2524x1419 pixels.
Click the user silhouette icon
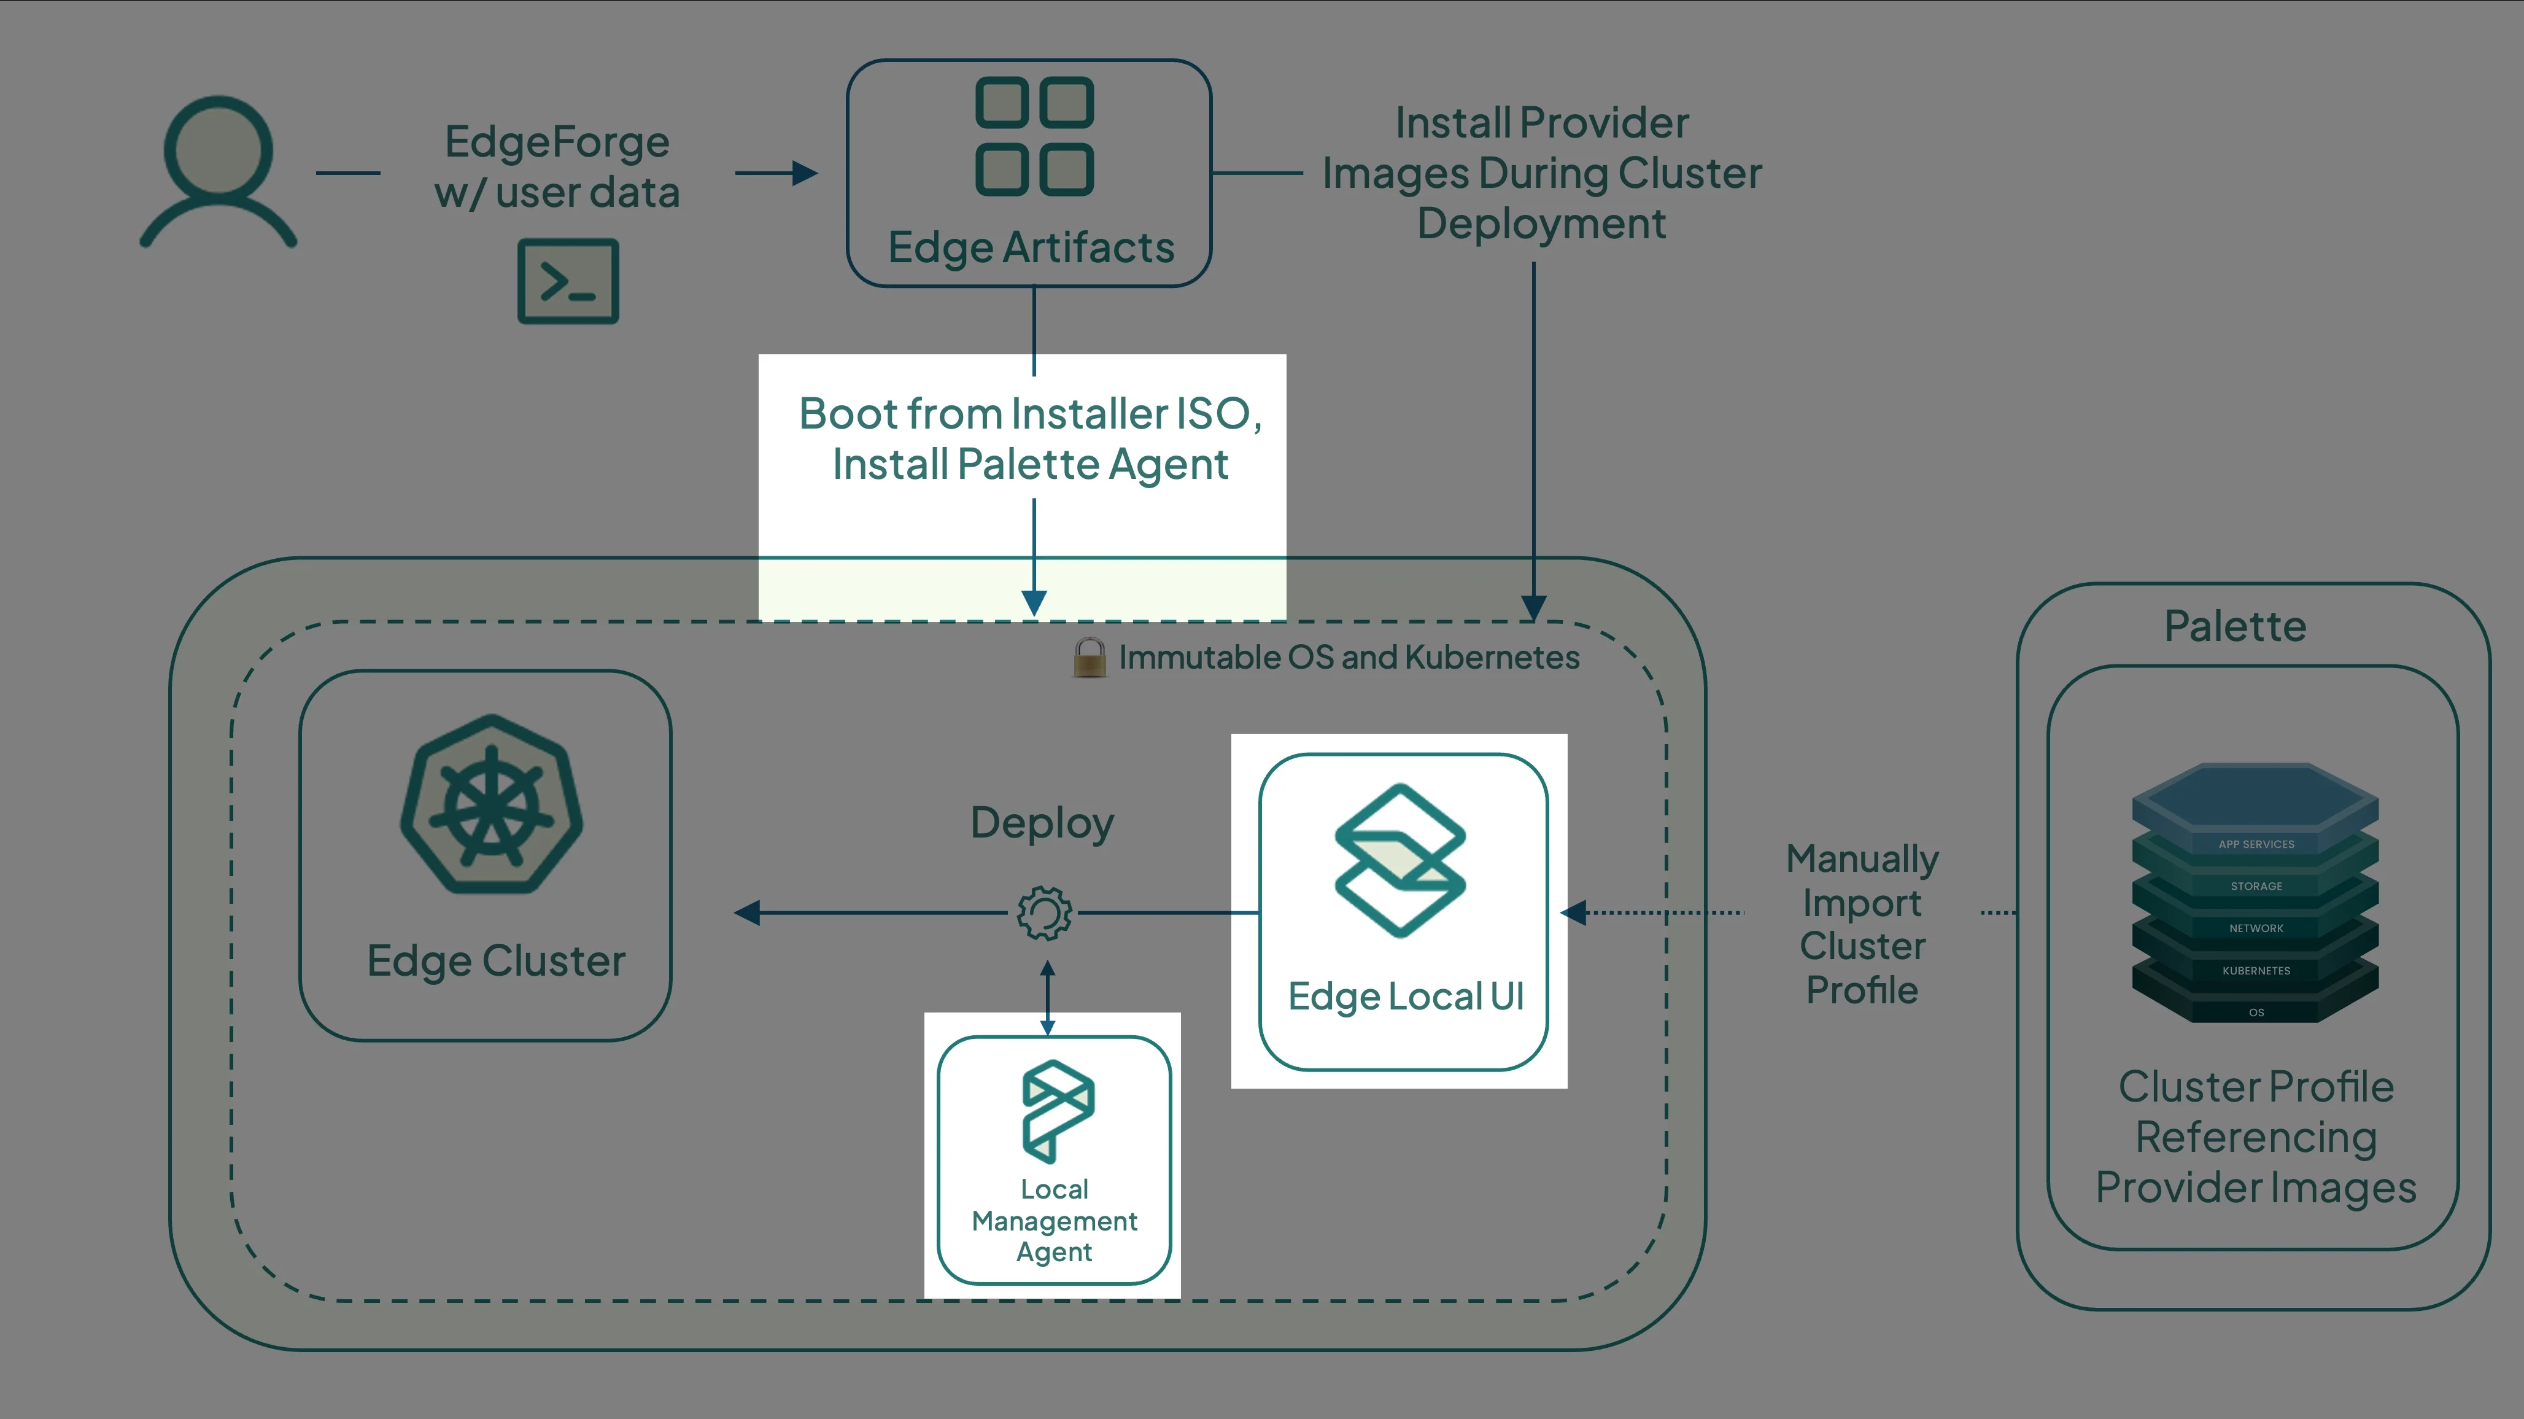coord(217,171)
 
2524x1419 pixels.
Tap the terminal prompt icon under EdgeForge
coord(568,281)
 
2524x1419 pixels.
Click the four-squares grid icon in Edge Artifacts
coord(1034,136)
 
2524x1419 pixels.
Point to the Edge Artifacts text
coord(1031,247)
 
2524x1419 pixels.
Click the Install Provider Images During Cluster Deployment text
coord(1541,173)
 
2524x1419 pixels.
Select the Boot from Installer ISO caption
coord(1030,438)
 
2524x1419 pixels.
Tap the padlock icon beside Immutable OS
coord(1088,658)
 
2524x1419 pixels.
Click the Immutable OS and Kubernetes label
coord(1348,658)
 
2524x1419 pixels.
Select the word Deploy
coord(1042,823)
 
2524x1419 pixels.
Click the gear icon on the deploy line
coord(1045,913)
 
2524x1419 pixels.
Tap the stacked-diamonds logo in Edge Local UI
coord(1400,860)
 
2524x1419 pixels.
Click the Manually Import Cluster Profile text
coord(1862,924)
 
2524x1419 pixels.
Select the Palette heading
coord(2235,626)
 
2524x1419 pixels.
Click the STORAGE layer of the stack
coord(2256,886)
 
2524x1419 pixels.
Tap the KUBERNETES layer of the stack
coord(2256,970)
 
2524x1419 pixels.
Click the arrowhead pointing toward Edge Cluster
coord(746,913)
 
